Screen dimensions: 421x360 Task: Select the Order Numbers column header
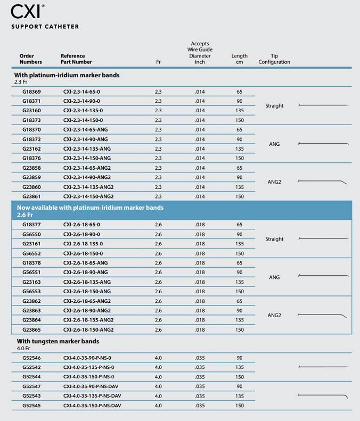click(30, 59)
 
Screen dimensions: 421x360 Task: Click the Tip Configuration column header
click(274, 59)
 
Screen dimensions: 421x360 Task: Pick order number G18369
click(31, 92)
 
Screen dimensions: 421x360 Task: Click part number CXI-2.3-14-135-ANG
click(87, 148)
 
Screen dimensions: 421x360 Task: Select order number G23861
click(31, 196)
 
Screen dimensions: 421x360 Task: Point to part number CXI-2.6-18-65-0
click(81, 225)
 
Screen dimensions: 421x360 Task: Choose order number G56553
click(31, 291)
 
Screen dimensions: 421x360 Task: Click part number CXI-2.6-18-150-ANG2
click(88, 329)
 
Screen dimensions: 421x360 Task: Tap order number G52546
click(31, 358)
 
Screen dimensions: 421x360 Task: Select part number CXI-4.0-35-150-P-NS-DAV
click(92, 406)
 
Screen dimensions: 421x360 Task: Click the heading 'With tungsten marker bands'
click(58, 341)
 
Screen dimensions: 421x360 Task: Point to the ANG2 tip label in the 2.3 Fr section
click(274, 182)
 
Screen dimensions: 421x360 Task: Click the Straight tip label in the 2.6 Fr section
click(274, 239)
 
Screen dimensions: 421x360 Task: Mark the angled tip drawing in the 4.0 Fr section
click(323, 396)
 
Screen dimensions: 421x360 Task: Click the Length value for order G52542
click(240, 367)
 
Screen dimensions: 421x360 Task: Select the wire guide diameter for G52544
click(200, 377)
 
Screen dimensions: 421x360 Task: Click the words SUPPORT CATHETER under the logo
click(45, 27)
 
